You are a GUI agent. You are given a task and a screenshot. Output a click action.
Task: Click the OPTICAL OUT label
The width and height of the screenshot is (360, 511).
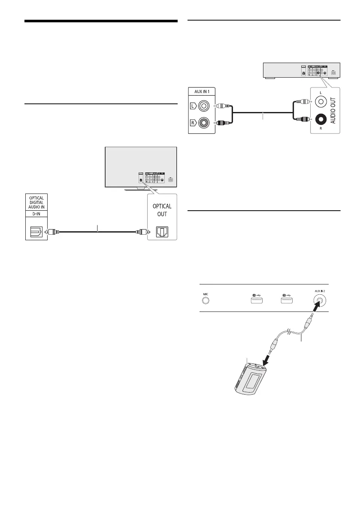coord(163,210)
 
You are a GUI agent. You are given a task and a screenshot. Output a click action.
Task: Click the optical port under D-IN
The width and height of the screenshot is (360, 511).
coord(36,232)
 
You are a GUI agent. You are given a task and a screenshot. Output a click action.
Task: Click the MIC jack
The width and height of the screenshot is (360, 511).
coord(206,299)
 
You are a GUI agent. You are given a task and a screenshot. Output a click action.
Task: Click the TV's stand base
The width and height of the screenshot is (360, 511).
coord(141,189)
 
